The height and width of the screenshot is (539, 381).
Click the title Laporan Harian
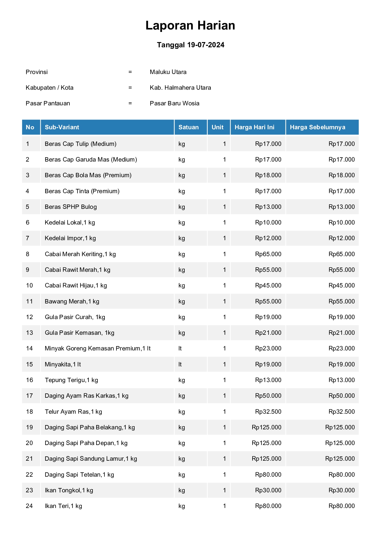click(190, 25)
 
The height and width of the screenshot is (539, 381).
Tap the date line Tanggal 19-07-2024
click(190, 45)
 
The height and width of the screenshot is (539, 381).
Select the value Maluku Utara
click(168, 72)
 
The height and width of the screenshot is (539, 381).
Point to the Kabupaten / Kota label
click(49, 88)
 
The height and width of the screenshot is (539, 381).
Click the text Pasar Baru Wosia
click(175, 103)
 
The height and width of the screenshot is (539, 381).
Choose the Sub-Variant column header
click(62, 127)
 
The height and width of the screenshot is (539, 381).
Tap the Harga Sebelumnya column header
click(317, 127)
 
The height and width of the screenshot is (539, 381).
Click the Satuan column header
click(188, 127)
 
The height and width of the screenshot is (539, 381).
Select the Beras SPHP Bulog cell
click(71, 207)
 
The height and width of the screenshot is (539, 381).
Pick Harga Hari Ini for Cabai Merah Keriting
click(268, 254)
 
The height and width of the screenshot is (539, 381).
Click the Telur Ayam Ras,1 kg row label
click(73, 412)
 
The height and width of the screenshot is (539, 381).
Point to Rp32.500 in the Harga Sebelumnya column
click(341, 412)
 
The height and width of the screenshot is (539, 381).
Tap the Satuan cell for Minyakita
click(180, 364)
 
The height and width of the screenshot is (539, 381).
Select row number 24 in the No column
click(29, 506)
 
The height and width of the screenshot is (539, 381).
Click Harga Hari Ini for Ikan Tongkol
click(268, 490)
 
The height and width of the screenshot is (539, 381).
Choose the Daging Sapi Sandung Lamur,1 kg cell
click(91, 459)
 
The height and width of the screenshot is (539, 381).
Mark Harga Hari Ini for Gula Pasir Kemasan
click(268, 333)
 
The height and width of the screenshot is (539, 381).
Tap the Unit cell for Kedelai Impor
click(224, 238)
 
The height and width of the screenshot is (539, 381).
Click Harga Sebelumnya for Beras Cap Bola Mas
click(341, 175)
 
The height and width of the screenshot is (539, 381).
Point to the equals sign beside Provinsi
click(130, 72)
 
